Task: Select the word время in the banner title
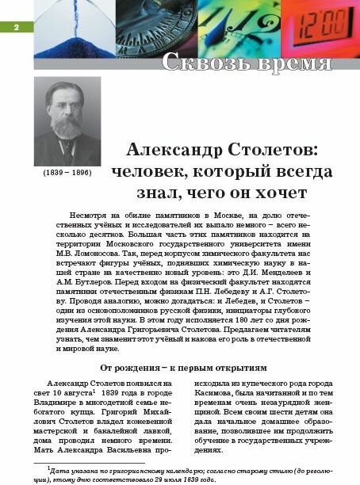[298, 63]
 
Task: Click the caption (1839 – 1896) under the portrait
[67, 171]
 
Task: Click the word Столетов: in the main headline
[282, 150]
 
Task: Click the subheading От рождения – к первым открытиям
[182, 368]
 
